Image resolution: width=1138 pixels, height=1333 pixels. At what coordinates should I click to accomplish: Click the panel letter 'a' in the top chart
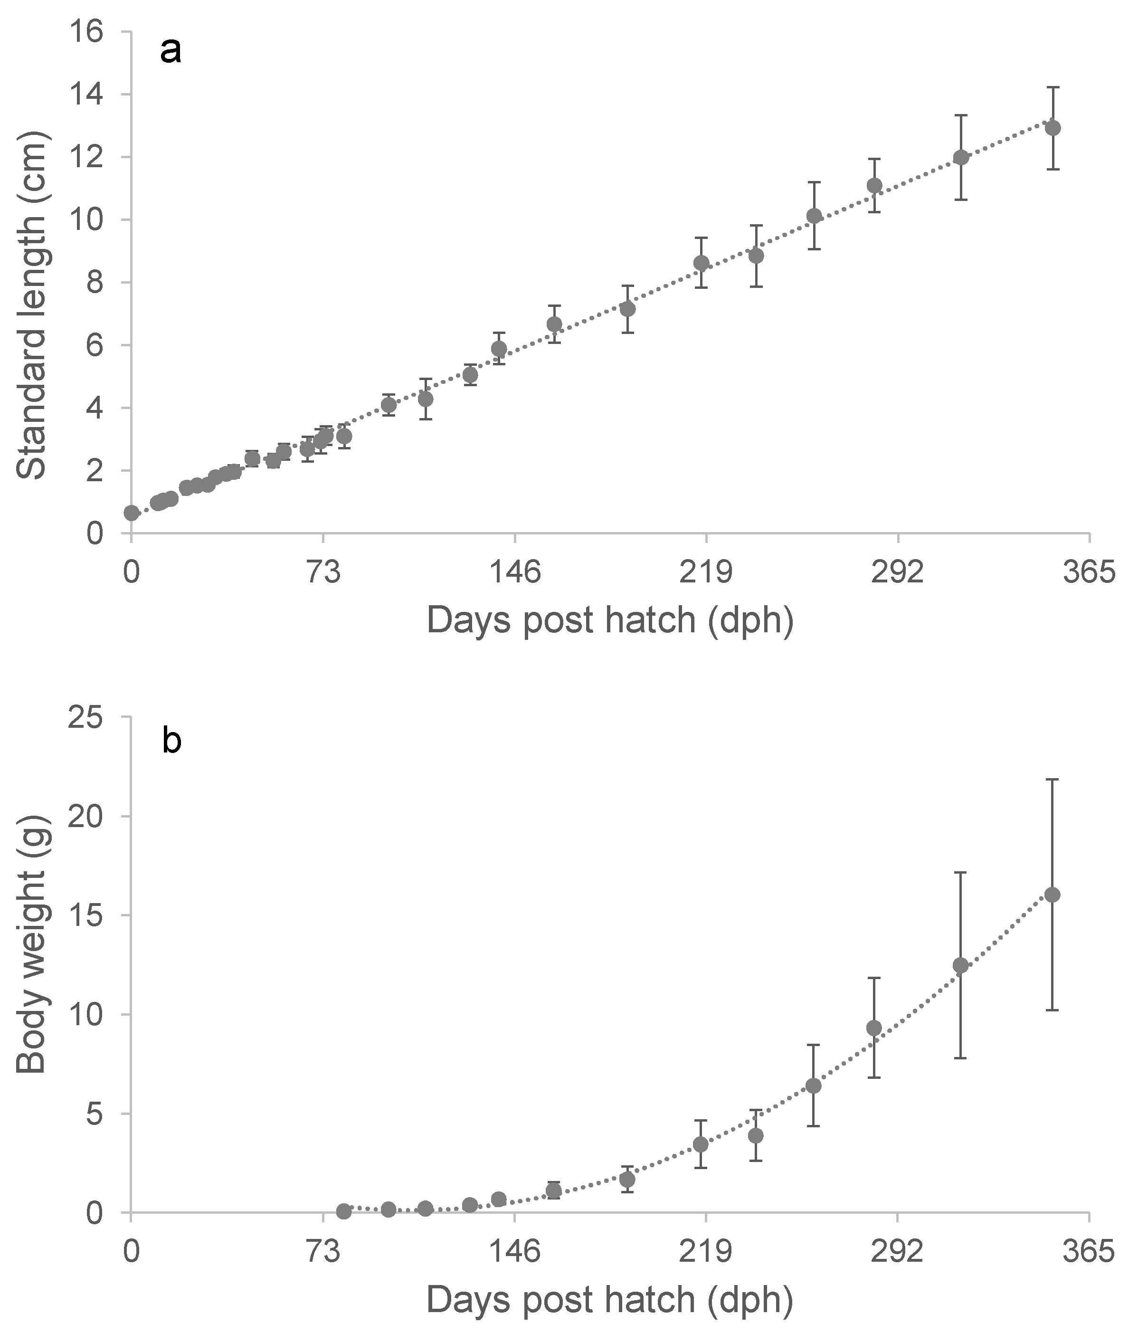pos(171,51)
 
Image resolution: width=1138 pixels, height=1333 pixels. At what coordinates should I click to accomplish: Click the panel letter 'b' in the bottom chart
pos(172,741)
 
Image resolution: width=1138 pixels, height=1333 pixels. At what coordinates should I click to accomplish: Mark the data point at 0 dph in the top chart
pos(131,513)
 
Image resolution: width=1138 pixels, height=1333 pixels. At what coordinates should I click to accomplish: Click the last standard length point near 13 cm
pos(1053,128)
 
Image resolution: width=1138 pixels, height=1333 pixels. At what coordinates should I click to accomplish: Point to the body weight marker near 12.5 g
pos(960,965)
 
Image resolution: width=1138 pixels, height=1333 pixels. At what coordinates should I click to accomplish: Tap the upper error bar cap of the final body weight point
pos(1053,779)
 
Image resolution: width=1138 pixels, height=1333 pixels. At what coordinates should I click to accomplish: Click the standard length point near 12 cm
pos(960,158)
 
